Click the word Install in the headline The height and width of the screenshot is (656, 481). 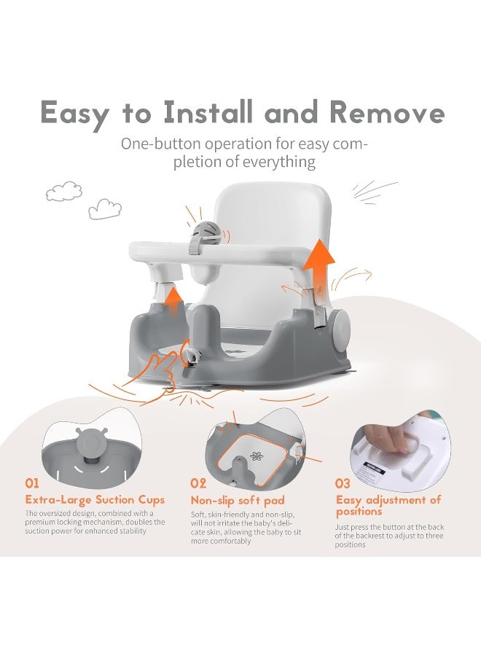pos(208,112)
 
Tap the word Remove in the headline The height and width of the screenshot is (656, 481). pos(386,113)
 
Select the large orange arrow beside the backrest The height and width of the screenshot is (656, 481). pos(319,273)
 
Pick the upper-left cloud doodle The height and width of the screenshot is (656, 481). pos(64,191)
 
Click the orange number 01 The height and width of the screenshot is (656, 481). pos(32,483)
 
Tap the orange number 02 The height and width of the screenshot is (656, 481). pos(198,484)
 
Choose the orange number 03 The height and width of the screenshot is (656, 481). pos(342,484)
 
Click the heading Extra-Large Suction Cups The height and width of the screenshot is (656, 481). pos(95,500)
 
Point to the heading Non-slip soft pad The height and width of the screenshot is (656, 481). pos(238,500)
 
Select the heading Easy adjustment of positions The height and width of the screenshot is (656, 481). pos(388,505)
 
